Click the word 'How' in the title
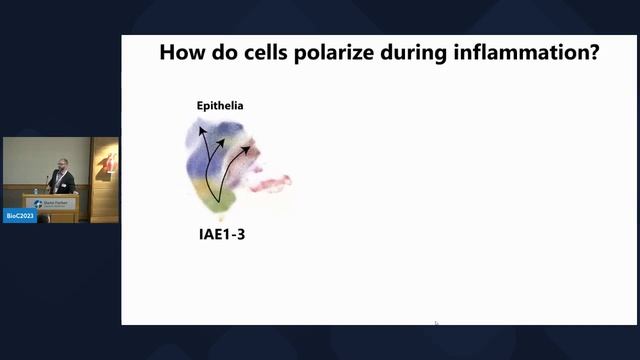182,53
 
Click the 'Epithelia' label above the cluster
219,106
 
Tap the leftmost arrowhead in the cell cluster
200,130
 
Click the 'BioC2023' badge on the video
19,215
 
